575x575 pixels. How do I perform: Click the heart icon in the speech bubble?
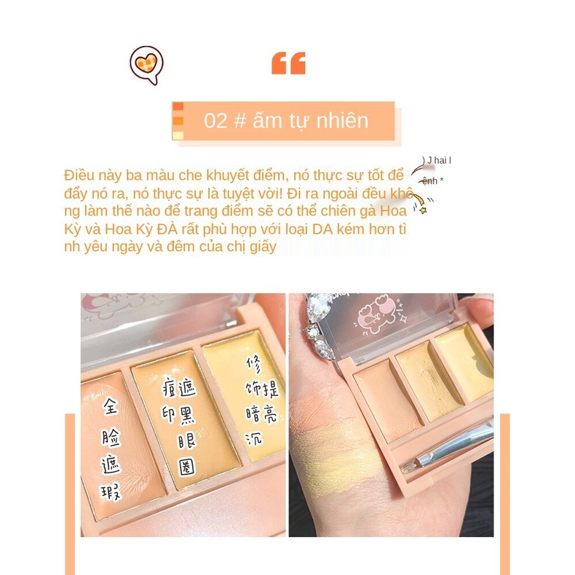(x=146, y=64)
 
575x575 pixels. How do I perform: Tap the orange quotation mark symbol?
(x=288, y=63)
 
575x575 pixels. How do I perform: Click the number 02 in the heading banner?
(x=215, y=121)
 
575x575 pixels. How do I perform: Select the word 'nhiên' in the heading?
(x=342, y=121)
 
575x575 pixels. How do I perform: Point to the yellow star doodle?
(x=422, y=209)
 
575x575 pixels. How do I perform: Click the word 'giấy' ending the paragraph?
(x=262, y=247)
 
